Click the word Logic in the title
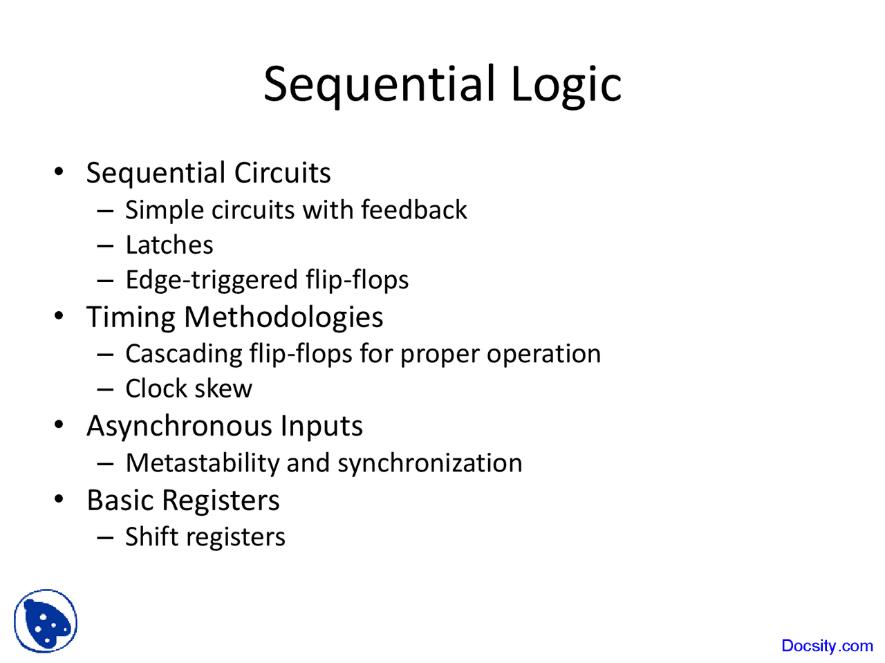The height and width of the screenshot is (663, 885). pyautogui.click(x=566, y=84)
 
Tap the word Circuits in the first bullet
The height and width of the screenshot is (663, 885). pyautogui.click(x=282, y=173)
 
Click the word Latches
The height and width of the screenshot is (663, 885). pyautogui.click(x=169, y=245)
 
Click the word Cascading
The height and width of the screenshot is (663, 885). pyautogui.click(x=183, y=354)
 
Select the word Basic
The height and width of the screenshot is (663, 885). pyautogui.click(x=121, y=501)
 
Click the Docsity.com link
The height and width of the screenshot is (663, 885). pyautogui.click(x=827, y=646)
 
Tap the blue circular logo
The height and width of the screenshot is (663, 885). pyautogui.click(x=46, y=621)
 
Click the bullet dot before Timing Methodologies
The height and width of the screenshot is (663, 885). pyautogui.click(x=59, y=317)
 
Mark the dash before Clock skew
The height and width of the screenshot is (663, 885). pyautogui.click(x=105, y=389)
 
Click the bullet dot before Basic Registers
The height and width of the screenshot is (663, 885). pyautogui.click(x=59, y=499)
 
